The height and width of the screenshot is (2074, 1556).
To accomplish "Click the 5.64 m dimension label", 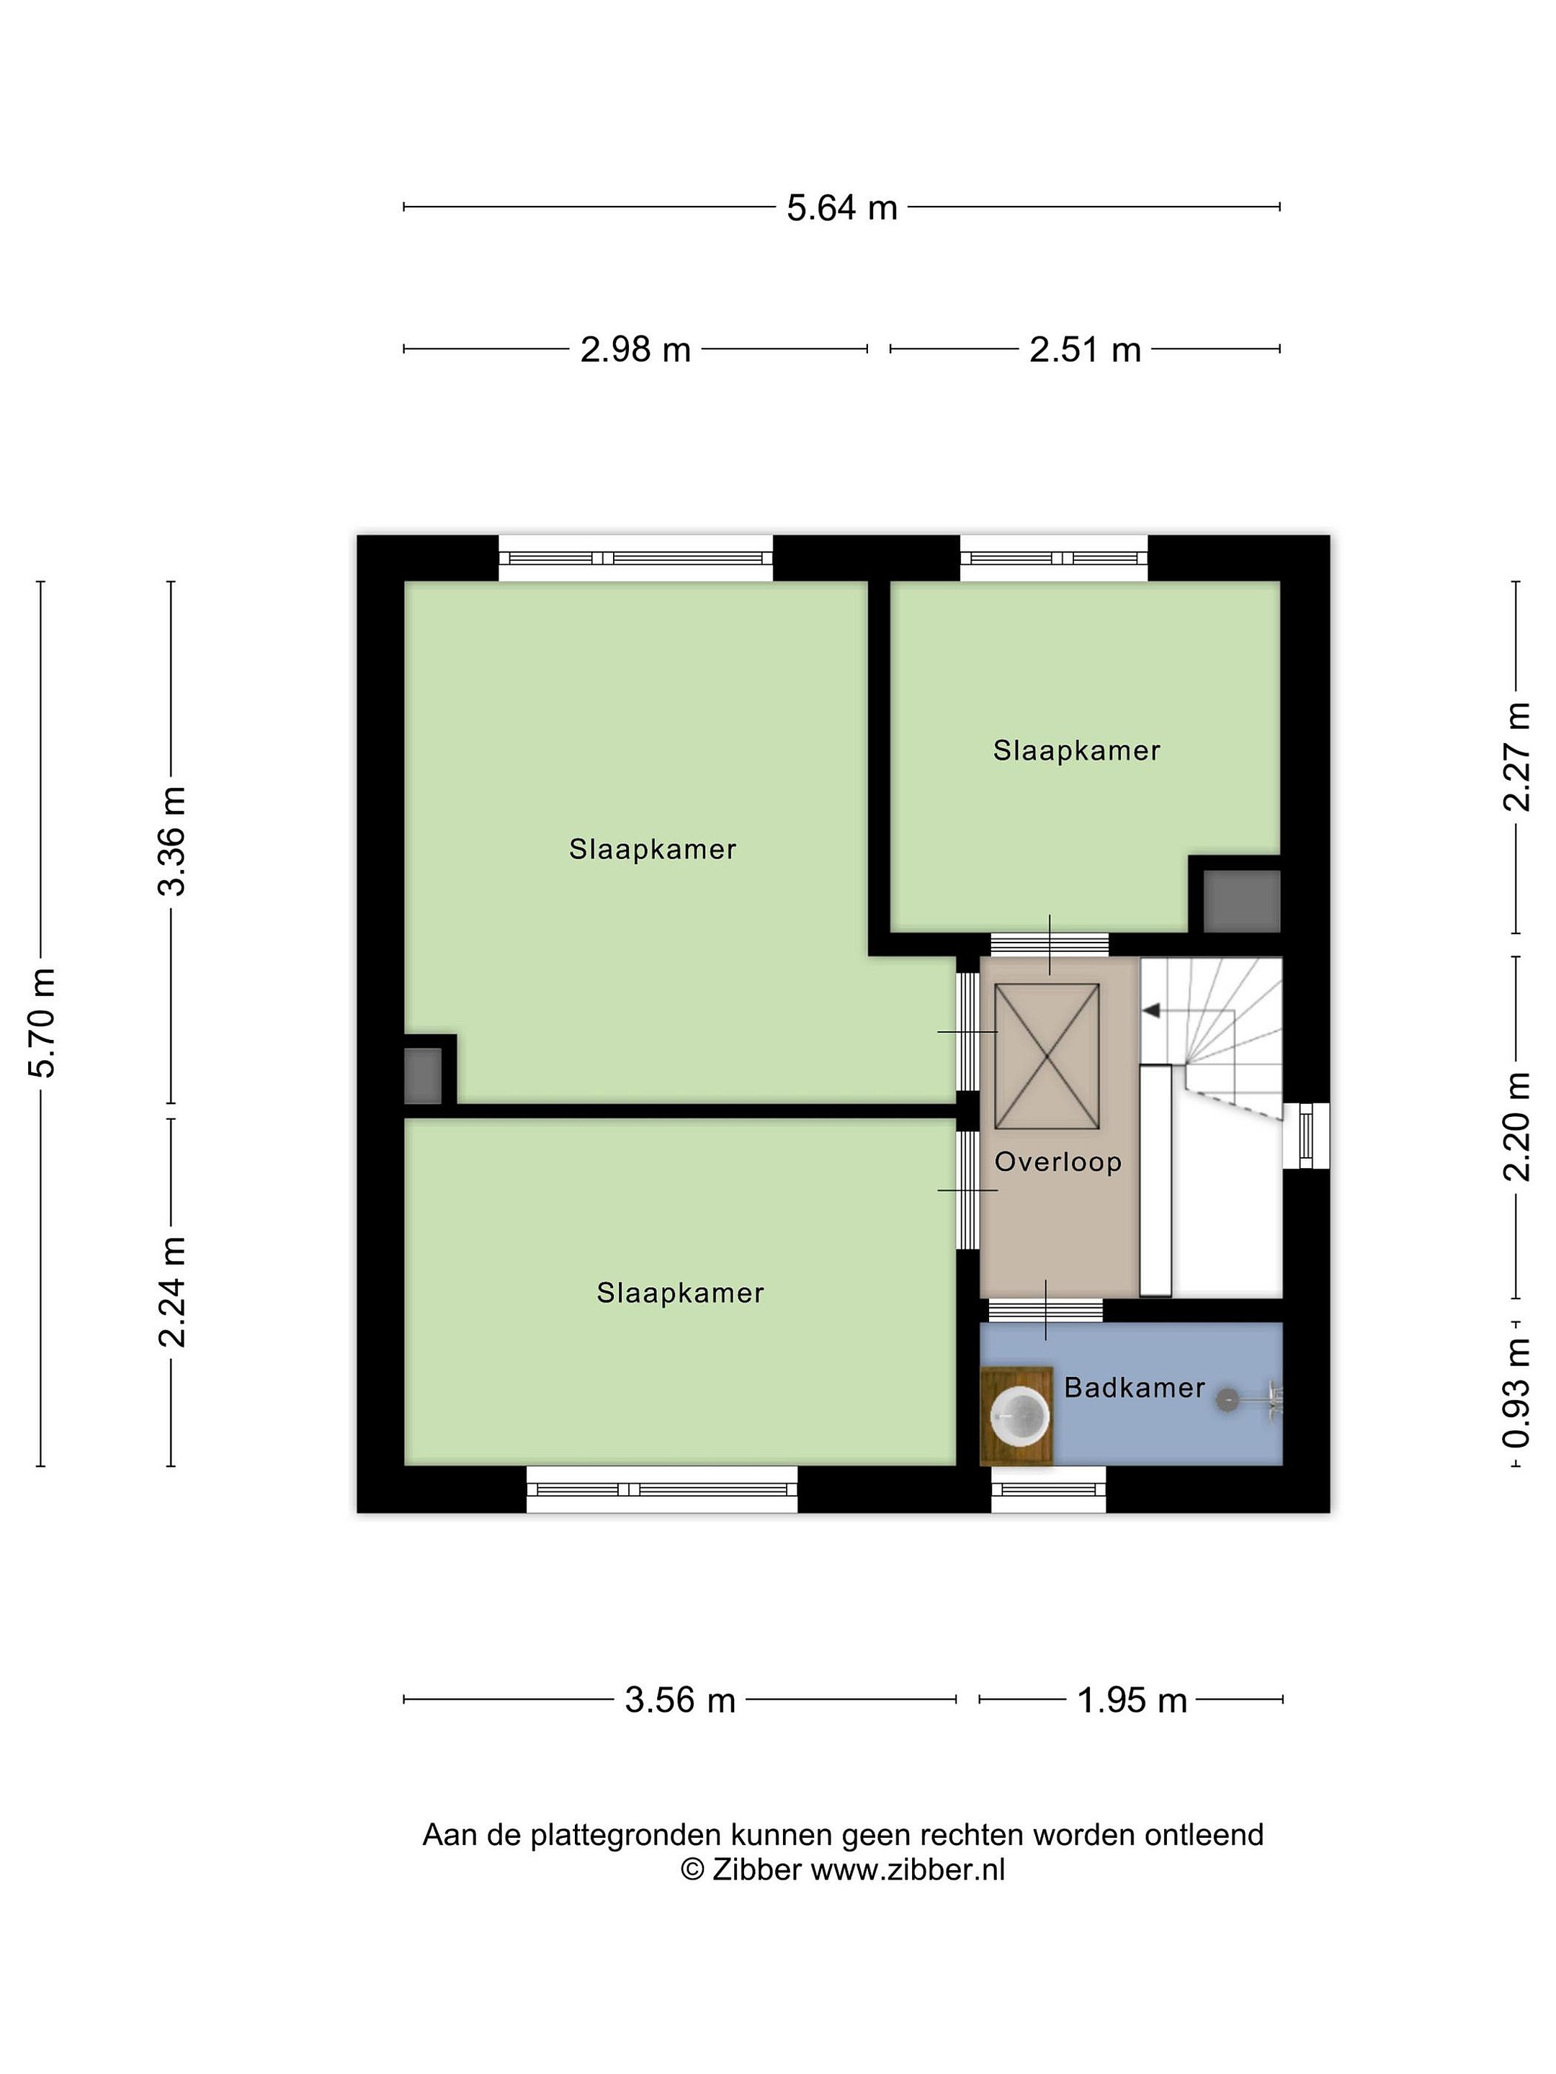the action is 841,207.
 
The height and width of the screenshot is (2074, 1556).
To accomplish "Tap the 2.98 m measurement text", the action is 635,350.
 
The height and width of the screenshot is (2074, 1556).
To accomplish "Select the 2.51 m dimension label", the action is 1085,350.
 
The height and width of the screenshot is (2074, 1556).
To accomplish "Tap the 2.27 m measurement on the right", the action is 1516,757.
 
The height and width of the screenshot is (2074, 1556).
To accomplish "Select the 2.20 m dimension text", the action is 1516,1126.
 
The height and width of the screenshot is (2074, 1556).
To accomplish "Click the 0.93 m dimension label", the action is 1516,1392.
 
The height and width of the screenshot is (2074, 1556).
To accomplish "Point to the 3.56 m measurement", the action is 680,1700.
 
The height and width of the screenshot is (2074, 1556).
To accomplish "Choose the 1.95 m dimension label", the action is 1132,1700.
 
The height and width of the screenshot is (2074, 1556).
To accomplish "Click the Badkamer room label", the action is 1134,1388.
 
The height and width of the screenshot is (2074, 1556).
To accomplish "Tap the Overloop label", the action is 1058,1162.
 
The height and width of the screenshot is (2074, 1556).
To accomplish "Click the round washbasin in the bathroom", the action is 1019,1416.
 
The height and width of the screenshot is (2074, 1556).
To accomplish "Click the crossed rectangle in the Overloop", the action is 1047,1056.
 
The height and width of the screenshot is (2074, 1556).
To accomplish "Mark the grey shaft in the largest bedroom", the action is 423,1075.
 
